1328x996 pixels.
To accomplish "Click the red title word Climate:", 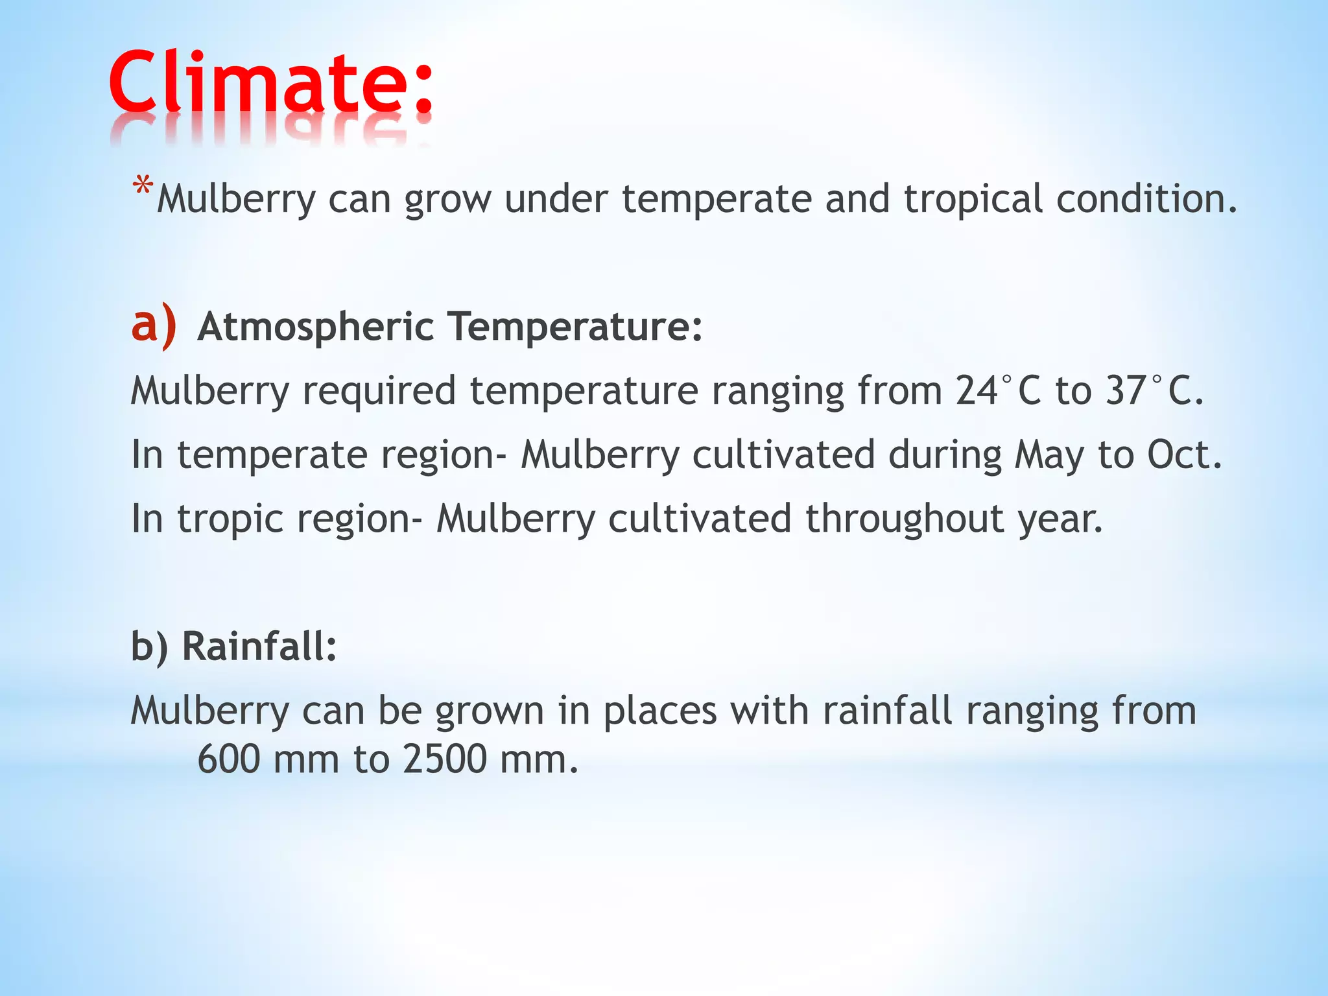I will pos(271,84).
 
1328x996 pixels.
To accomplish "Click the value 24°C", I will pos(998,390).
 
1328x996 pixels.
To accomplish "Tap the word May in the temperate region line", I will pos(1049,455).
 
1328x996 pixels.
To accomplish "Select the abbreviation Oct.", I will pos(1184,455).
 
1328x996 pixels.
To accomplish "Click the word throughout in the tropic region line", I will pos(905,519).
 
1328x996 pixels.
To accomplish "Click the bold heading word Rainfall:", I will pos(259,646).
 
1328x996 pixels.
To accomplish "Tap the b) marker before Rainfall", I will pos(149,646).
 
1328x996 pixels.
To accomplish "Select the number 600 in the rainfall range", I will pos(228,759).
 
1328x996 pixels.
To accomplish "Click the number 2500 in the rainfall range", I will pos(444,759).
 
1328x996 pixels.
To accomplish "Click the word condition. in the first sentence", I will pos(1146,198).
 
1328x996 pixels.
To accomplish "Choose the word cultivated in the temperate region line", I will pos(783,455).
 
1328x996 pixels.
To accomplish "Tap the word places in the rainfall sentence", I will pos(660,711).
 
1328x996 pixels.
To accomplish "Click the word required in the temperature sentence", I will pos(379,392).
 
